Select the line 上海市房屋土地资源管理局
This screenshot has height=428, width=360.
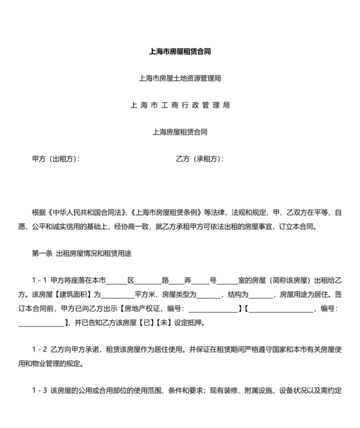[x=180, y=79]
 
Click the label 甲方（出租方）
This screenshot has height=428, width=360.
[x=56, y=158]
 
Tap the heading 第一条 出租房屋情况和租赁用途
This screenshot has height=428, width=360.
[x=81, y=252]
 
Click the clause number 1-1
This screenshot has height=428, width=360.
[x=39, y=281]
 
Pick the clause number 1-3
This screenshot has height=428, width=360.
[x=39, y=390]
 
